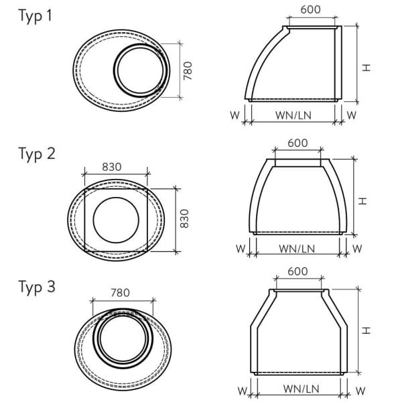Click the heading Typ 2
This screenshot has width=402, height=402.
coord(36,154)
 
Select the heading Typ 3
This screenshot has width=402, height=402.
coord(36,289)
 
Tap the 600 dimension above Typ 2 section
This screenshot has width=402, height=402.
coord(297,143)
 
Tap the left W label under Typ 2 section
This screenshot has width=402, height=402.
coord(240,249)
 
